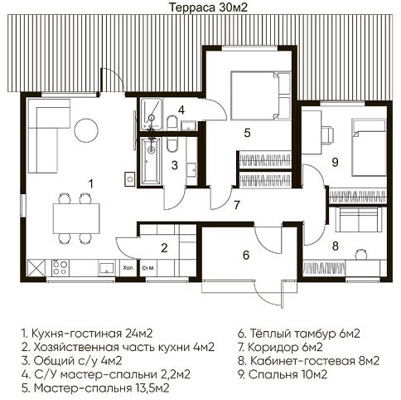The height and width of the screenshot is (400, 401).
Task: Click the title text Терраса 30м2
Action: tap(200, 7)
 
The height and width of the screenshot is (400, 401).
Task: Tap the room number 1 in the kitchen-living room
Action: tap(90, 183)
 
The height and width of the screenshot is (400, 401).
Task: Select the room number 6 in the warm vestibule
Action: tap(244, 255)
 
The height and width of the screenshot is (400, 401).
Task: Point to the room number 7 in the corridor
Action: tap(236, 203)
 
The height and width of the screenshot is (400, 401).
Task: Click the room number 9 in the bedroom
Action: tap(335, 162)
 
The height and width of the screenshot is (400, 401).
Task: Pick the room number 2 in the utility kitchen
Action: tap(164, 246)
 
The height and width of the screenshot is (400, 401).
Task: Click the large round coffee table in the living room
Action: tap(85, 129)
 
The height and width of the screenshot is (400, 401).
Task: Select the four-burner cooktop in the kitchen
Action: tap(60, 267)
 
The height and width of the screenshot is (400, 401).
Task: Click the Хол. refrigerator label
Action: tap(128, 269)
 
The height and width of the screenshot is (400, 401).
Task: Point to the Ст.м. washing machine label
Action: tap(150, 269)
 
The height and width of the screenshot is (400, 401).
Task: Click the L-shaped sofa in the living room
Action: tap(43, 138)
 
